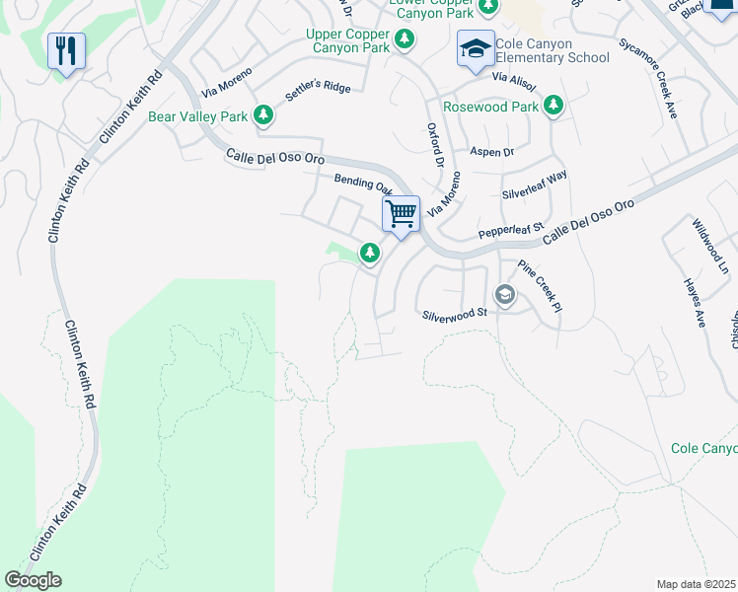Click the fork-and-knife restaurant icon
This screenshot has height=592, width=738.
pyautogui.click(x=66, y=50)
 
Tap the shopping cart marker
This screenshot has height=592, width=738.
pyautogui.click(x=401, y=213)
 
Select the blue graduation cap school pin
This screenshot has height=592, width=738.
pyautogui.click(x=476, y=48)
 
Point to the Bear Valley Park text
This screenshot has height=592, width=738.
pyautogui.click(x=197, y=116)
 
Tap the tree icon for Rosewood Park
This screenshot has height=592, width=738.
pyautogui.click(x=553, y=106)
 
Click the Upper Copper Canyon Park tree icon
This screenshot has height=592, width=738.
pyautogui.click(x=404, y=39)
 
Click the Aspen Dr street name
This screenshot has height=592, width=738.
pyautogui.click(x=492, y=152)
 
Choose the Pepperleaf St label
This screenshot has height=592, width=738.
pyautogui.click(x=511, y=231)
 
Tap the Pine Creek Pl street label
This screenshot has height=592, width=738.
pyautogui.click(x=540, y=287)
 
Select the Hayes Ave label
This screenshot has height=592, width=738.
pyautogui.click(x=695, y=302)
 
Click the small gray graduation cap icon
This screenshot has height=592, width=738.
pyautogui.click(x=504, y=295)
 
